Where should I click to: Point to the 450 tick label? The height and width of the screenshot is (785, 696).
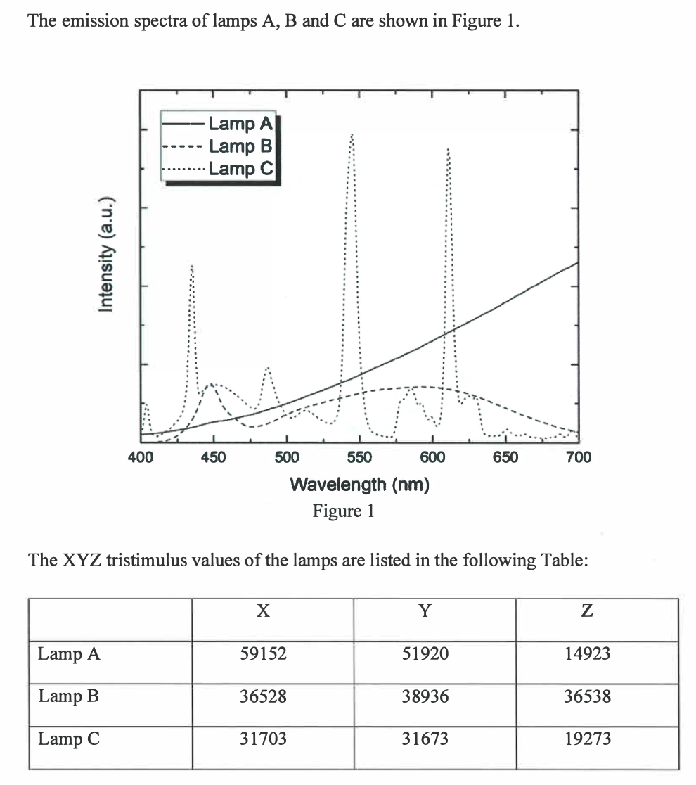click(214, 458)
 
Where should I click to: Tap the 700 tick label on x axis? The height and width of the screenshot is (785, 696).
click(578, 458)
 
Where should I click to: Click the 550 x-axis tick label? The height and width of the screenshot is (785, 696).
click(359, 458)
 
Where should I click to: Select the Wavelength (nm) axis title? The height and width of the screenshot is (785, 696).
click(359, 484)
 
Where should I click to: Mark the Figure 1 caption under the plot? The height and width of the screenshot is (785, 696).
click(343, 511)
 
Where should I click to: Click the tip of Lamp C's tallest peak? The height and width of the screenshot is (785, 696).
click(352, 134)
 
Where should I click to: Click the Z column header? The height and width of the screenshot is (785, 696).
click(588, 611)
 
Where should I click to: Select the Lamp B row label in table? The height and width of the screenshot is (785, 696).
click(68, 696)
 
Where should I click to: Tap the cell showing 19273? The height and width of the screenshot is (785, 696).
click(588, 739)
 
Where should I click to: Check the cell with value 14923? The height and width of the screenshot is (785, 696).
click(588, 653)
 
